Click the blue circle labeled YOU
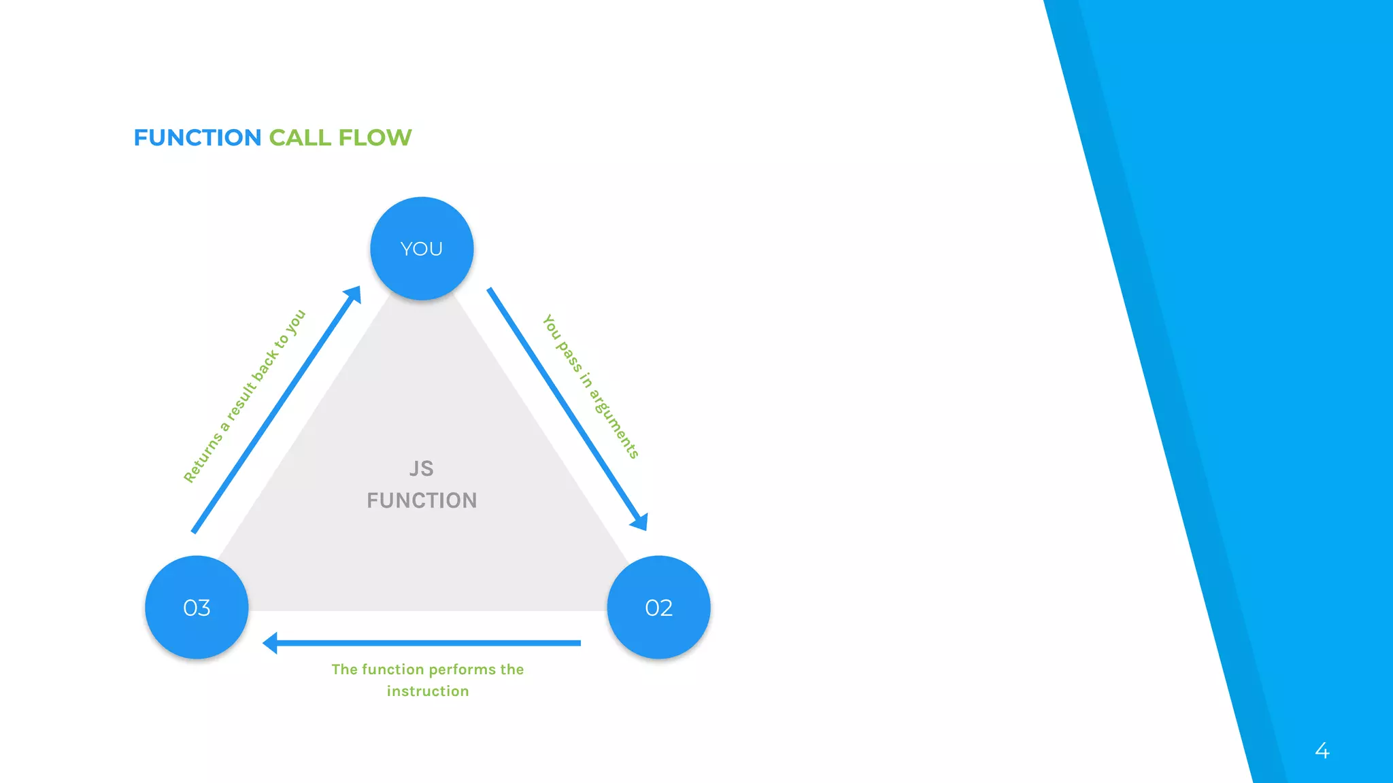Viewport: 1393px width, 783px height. [x=422, y=249]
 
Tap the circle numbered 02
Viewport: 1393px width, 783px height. [x=658, y=607]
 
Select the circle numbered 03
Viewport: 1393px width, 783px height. [x=197, y=607]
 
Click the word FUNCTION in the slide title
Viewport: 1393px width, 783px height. [x=197, y=138]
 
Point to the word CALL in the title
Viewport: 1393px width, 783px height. [x=300, y=138]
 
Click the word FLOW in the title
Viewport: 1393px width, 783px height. [x=375, y=138]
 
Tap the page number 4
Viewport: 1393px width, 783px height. [x=1322, y=750]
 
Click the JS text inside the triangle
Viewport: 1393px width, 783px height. [x=422, y=468]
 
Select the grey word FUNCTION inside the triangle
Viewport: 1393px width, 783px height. [x=422, y=501]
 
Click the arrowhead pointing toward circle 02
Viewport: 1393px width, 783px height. [x=639, y=522]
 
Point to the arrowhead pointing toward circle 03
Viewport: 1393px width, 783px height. [x=271, y=642]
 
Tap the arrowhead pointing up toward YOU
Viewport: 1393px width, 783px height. [x=353, y=294]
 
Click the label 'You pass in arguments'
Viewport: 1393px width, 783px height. [x=590, y=386]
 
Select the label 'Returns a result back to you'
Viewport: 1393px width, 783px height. [x=245, y=396]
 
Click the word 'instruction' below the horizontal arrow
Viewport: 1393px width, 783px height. [x=428, y=691]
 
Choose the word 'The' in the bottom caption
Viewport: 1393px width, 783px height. [x=344, y=669]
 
